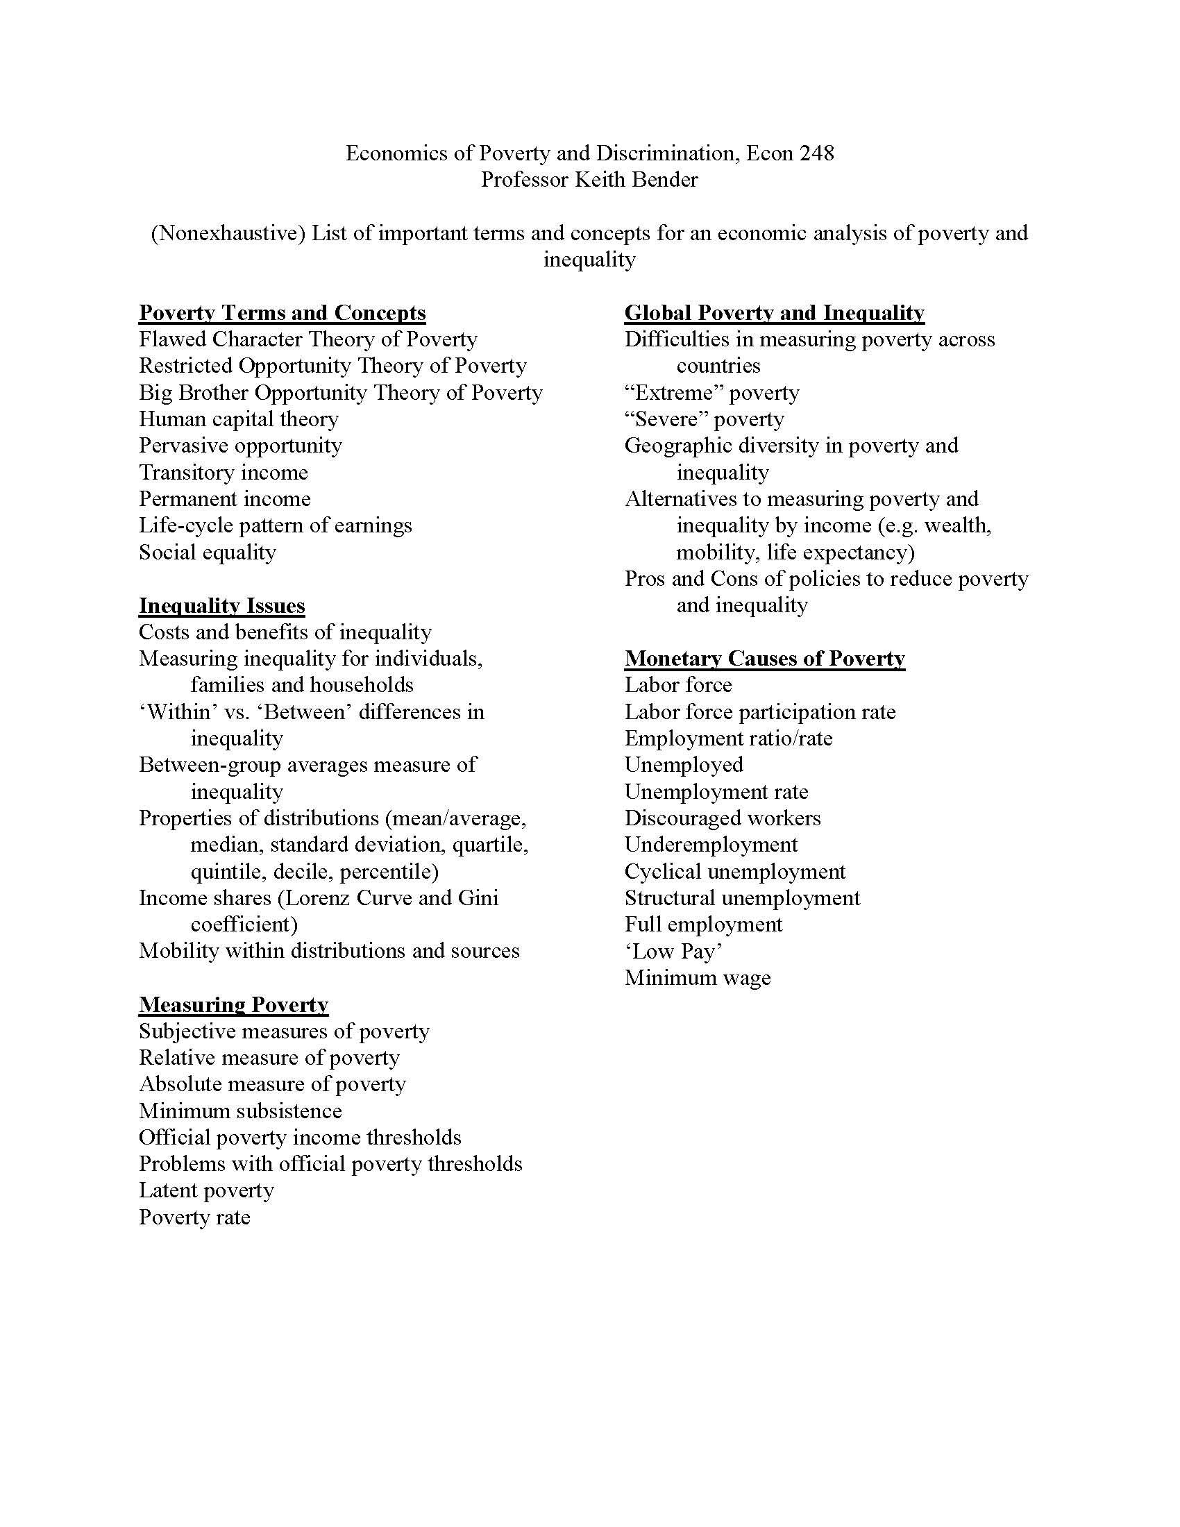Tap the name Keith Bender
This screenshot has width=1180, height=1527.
635,180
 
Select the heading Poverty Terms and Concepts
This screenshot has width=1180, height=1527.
282,312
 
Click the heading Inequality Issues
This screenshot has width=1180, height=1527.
221,605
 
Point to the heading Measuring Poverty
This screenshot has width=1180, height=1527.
233,1005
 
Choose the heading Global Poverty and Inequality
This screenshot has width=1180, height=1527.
774,312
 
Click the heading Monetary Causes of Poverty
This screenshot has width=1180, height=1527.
764,659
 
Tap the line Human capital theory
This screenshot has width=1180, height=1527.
238,419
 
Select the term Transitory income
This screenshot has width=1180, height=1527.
223,473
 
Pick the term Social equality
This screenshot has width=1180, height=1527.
207,552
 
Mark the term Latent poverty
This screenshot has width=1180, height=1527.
206,1190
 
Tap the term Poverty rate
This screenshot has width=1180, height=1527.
194,1217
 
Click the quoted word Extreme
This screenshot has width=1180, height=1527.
673,393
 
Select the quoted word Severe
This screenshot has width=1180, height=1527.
667,419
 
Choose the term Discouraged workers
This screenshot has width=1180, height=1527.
722,818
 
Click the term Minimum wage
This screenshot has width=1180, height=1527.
697,977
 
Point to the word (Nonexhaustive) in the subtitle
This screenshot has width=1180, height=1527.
228,233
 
